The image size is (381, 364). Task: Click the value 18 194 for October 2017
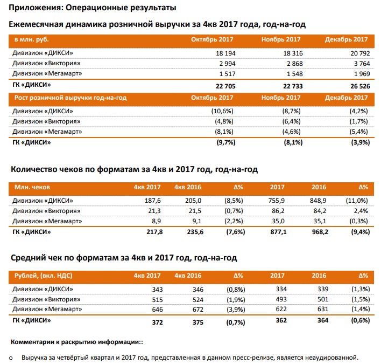point(225,53)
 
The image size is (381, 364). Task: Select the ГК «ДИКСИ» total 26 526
point(360,86)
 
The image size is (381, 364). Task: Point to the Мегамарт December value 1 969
point(362,74)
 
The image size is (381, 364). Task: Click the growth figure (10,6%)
point(222,111)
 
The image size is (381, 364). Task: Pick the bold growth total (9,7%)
point(226,142)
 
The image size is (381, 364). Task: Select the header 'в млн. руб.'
point(32,40)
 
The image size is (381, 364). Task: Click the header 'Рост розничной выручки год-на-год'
point(70,98)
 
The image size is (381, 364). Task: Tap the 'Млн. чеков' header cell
point(32,187)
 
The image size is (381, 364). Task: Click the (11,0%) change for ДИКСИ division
point(357,201)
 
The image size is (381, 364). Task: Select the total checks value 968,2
point(320,232)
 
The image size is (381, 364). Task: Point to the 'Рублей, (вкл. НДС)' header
point(43,276)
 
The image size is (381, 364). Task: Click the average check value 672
point(198,310)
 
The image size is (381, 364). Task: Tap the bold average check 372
point(157,322)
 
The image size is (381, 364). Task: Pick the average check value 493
point(281,299)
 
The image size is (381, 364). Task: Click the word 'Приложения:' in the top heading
point(36,8)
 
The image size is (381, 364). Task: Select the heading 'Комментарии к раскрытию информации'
point(75,342)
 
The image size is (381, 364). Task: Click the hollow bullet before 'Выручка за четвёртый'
point(11,358)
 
